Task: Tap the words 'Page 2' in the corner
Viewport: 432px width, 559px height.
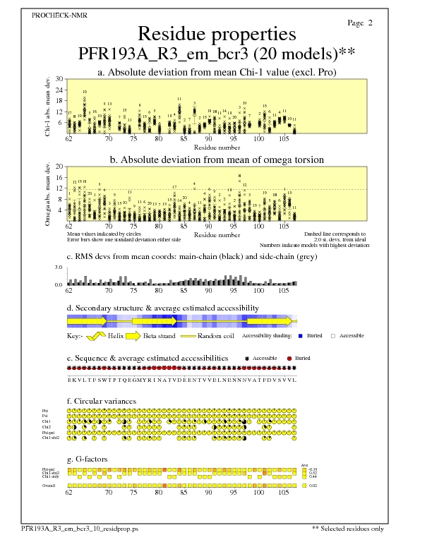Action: coord(360,23)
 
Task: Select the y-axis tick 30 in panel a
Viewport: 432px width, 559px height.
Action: coord(60,79)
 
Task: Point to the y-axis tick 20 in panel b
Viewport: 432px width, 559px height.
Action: coord(60,167)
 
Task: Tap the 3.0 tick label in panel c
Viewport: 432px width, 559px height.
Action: coord(59,268)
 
